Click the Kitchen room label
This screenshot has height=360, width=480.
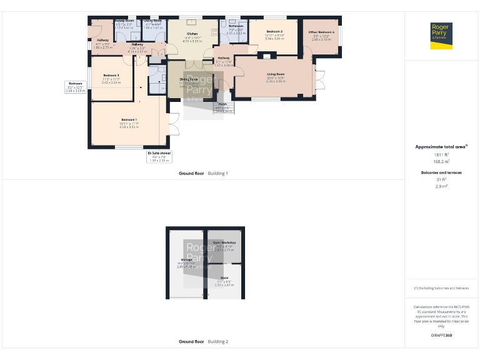click(192, 34)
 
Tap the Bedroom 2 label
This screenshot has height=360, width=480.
click(274, 31)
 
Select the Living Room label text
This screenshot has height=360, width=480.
click(276, 74)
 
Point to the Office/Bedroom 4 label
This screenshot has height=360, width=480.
click(321, 32)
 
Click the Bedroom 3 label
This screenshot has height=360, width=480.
click(111, 76)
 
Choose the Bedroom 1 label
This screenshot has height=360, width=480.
click(129, 119)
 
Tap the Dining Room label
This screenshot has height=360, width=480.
click(189, 79)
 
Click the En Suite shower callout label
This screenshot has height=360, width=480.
click(159, 152)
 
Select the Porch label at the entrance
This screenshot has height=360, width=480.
click(222, 104)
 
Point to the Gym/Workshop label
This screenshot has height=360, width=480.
click(224, 242)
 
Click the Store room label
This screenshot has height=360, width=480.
click(224, 277)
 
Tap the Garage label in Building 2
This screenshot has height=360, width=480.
click(186, 259)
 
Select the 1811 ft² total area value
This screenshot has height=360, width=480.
click(442, 154)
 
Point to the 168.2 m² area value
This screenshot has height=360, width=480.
click(442, 161)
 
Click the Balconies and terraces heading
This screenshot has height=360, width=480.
click(442, 172)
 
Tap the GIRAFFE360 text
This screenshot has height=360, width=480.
click(442, 336)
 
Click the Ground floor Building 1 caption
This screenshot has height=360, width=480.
click(203, 173)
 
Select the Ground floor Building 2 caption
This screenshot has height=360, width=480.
click(203, 342)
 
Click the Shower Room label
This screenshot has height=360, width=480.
click(124, 21)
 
